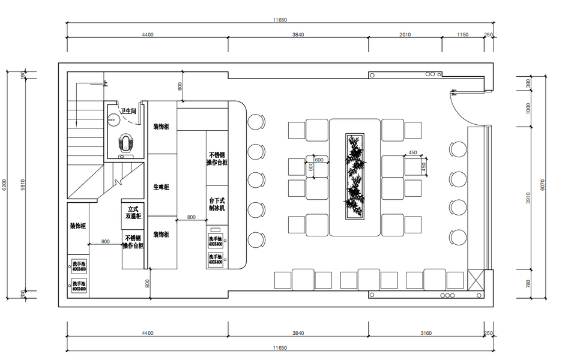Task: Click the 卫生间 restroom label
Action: coord(128,111)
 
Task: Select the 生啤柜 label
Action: coord(161,187)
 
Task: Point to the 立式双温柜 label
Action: coord(133,212)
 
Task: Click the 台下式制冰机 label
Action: coord(216,204)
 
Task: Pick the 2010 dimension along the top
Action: coord(405,35)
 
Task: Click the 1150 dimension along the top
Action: coord(462,35)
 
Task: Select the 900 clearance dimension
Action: coord(106,241)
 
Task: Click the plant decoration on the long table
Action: coord(354,178)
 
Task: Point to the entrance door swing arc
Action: coord(459,108)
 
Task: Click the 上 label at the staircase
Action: coord(105,84)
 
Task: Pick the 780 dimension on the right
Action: coord(528,283)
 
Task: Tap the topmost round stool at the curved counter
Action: coord(256,122)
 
